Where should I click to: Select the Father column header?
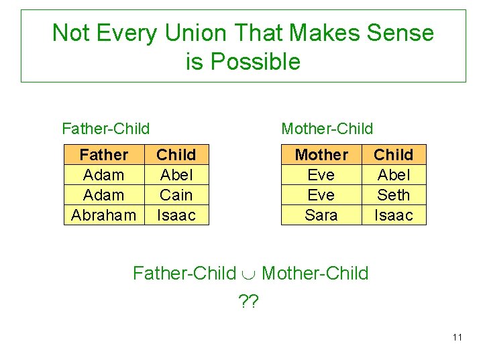pos(103,155)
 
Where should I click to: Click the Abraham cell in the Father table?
pos(103,215)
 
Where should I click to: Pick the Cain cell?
pos(176,195)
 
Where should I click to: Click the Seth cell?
pos(393,195)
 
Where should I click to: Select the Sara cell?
pos(321,215)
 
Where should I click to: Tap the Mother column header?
pos(321,155)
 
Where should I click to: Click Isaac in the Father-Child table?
pos(176,215)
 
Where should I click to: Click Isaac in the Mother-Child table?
pos(393,215)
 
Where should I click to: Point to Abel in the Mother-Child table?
pos(393,175)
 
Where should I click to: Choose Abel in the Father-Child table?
pos(176,175)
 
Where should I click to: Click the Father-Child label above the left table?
pos(105,128)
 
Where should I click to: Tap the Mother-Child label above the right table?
pos(327,128)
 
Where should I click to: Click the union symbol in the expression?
pos(249,274)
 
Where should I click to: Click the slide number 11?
pos(457,337)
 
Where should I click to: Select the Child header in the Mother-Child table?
pos(393,155)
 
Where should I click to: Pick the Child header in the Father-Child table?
pos(176,155)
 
